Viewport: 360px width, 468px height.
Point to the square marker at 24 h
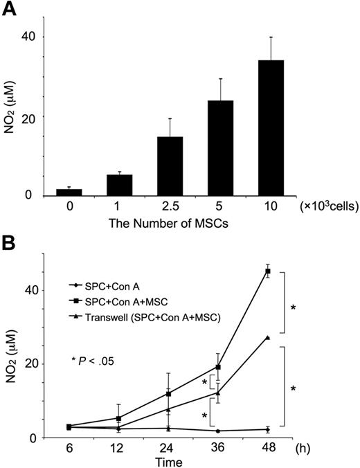tap(170, 393)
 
